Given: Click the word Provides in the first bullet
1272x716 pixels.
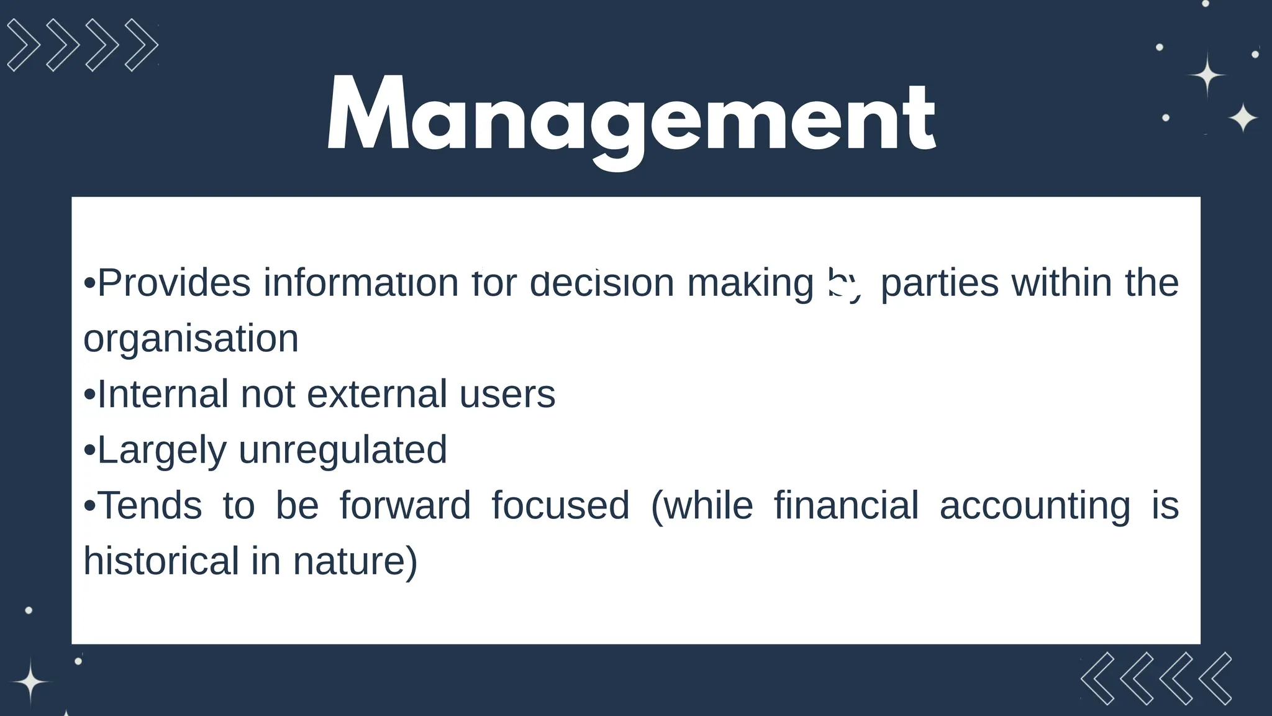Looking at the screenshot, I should tap(174, 283).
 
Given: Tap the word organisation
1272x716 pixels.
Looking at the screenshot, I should tap(191, 339).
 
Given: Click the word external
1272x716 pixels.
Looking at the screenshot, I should tap(376, 394).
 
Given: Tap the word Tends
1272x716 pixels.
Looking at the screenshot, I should tap(150, 505).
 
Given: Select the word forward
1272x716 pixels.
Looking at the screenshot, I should tap(405, 505).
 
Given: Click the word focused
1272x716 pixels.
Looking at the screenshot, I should tap(560, 505).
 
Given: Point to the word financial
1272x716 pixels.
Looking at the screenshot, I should tap(846, 505).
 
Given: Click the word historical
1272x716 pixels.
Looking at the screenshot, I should tap(161, 561).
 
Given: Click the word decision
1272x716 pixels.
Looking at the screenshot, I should tap(602, 283).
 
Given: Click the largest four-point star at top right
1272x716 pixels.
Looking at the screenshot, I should tap(1207, 75).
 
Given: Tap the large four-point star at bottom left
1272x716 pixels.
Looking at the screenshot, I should tap(30, 682).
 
